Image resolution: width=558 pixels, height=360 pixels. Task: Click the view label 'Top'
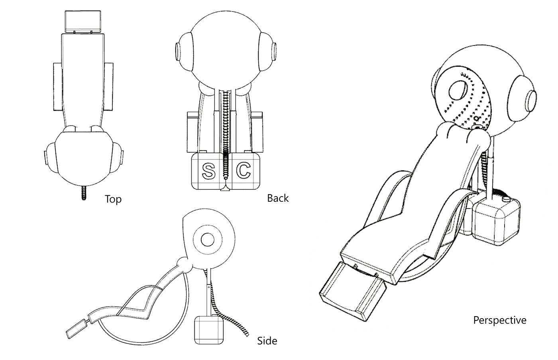113,199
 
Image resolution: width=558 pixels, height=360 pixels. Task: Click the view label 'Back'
278,198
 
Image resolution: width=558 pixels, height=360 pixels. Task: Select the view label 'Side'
267,341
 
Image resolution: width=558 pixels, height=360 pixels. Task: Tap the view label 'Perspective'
500,320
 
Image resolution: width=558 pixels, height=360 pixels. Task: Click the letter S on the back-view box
208,171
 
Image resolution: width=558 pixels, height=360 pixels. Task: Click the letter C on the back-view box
244,170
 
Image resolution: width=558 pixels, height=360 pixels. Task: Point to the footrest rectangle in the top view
83,22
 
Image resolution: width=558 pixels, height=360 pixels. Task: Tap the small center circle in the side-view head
207,240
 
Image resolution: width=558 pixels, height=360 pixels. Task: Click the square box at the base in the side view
208,330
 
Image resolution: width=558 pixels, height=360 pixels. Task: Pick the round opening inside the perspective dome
458,90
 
